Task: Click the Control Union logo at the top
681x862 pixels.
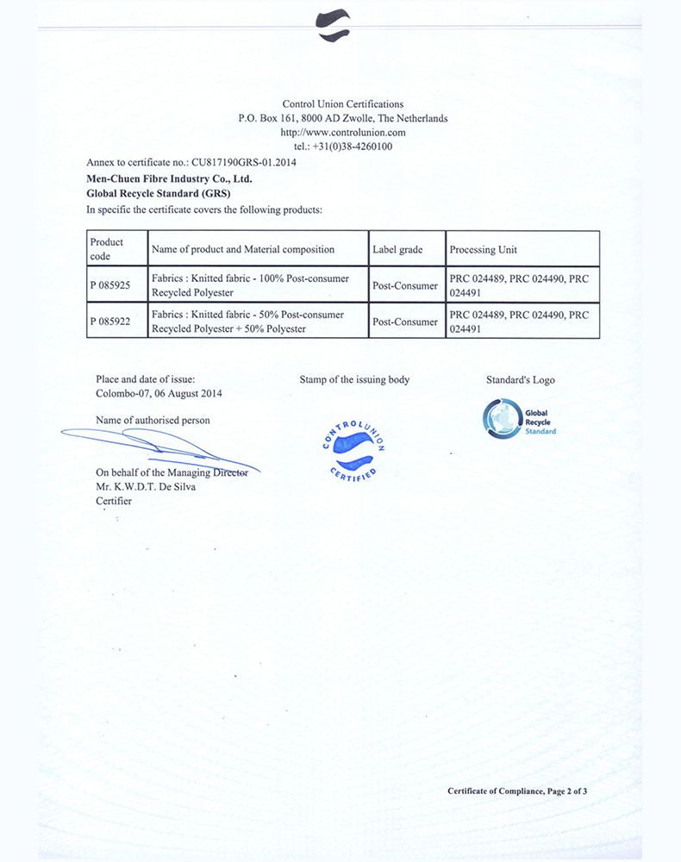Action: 334,25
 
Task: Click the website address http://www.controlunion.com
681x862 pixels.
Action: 343,133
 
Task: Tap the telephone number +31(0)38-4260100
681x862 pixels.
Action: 343,147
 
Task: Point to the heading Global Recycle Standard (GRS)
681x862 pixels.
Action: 147,194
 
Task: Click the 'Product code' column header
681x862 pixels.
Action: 107,249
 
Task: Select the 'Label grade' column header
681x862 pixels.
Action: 397,249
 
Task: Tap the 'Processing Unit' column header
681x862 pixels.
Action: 483,249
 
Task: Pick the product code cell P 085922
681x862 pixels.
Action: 109,322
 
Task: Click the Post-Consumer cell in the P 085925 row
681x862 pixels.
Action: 405,285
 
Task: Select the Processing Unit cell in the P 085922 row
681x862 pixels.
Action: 519,322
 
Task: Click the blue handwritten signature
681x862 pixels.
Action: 159,446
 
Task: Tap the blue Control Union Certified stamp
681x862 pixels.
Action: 353,451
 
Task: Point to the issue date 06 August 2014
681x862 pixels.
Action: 185,393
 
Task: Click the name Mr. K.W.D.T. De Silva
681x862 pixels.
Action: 146,487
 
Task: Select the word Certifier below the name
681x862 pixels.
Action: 114,501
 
